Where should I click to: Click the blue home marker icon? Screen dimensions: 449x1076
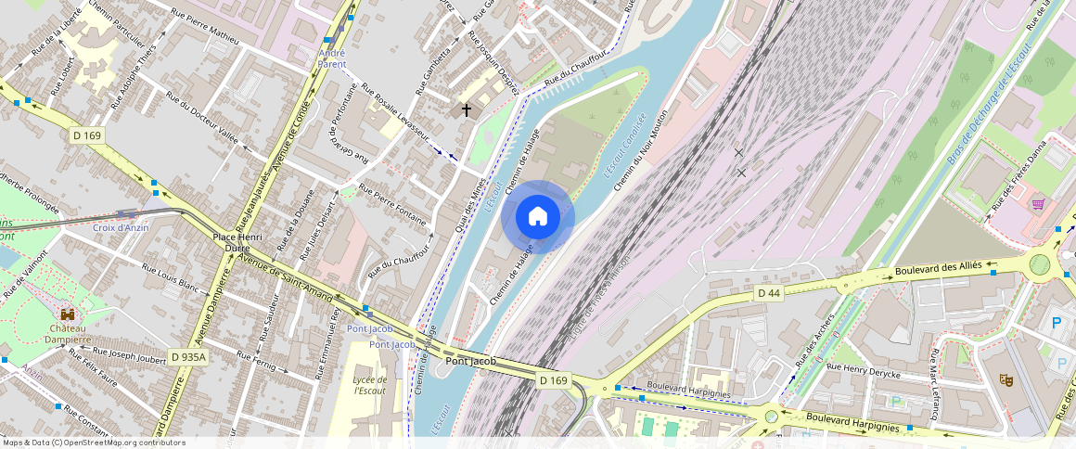(x=538, y=217)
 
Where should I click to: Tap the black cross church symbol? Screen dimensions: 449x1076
(x=466, y=110)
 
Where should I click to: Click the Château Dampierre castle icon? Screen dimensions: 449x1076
(x=67, y=314)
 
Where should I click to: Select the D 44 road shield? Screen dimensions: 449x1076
(x=769, y=293)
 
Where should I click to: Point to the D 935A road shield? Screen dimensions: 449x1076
(x=188, y=356)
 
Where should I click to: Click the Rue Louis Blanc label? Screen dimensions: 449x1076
(x=171, y=276)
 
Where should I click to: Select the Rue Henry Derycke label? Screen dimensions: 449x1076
(x=864, y=369)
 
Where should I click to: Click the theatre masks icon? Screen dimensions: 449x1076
(x=1005, y=379)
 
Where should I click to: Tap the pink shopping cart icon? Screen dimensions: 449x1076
(x=1038, y=203)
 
